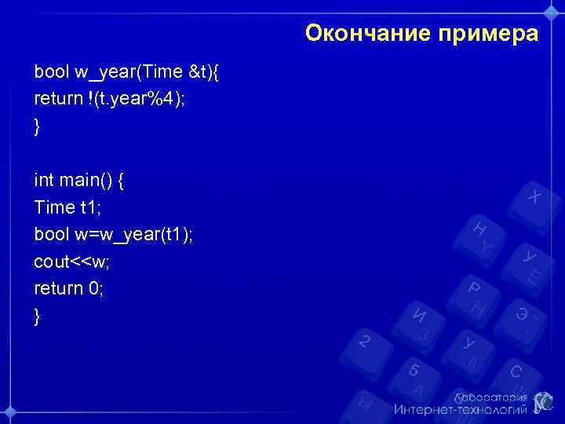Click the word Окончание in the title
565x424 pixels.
coord(357,34)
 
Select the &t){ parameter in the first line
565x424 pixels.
coord(204,72)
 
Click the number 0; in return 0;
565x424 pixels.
coord(96,289)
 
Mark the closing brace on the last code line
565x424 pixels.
coord(37,316)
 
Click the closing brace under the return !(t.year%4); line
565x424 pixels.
coord(37,126)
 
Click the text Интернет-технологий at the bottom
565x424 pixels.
coord(460,409)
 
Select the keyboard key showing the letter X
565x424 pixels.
coord(534,196)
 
